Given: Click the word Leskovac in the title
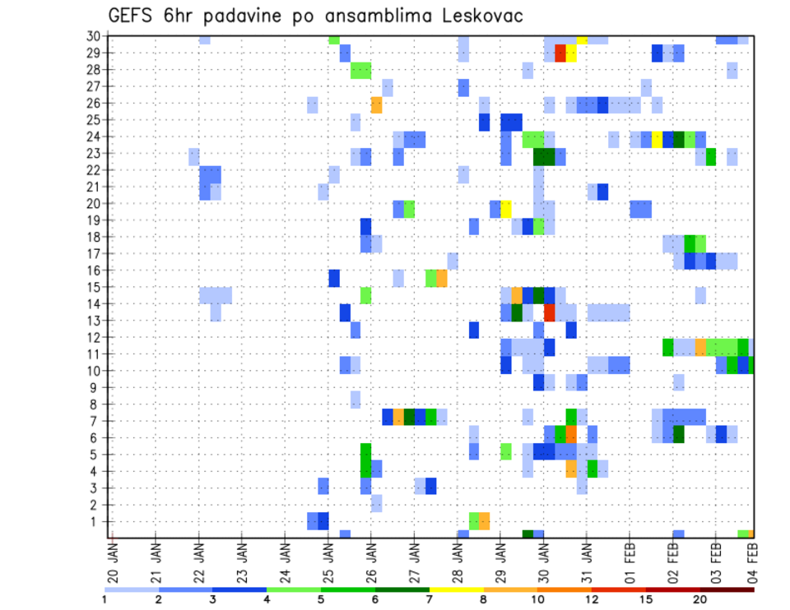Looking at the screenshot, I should click(x=474, y=16).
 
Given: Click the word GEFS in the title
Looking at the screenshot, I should click(x=133, y=16).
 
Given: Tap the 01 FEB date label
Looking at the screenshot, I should click(x=630, y=556).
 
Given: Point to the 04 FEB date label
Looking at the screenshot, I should click(x=751, y=556).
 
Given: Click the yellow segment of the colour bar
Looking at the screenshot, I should click(x=456, y=589).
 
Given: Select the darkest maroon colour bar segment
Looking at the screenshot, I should click(x=727, y=589).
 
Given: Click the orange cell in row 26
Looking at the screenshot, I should click(x=376, y=104).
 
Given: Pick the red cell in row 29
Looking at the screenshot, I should click(x=560, y=53).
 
